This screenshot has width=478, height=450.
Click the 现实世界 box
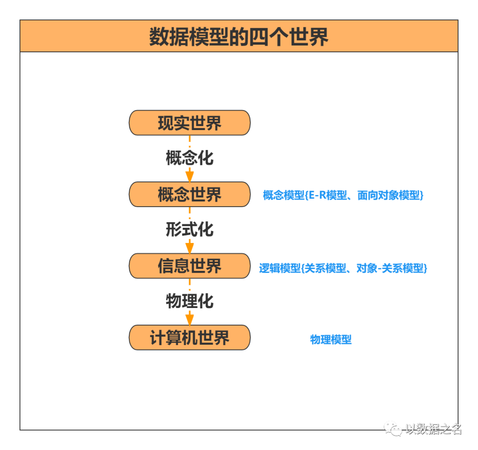(x=189, y=123)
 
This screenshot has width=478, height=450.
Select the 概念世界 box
(x=189, y=195)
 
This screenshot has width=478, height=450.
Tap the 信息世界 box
(x=189, y=266)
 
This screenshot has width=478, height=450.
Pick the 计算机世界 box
(x=189, y=338)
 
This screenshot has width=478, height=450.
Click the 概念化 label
(x=189, y=158)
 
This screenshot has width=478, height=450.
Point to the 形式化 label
(x=189, y=229)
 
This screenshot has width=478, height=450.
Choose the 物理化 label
(x=189, y=301)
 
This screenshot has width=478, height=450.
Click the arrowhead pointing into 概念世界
(x=189, y=176)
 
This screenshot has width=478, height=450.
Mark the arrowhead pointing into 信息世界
(x=189, y=247)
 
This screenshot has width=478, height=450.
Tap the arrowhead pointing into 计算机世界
(x=189, y=319)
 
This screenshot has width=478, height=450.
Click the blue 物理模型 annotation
(x=331, y=340)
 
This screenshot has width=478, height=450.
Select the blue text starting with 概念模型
(x=343, y=195)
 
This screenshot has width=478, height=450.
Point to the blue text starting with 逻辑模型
(x=343, y=268)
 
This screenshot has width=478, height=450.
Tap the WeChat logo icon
(x=393, y=428)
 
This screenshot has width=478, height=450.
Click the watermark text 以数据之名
(x=433, y=429)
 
